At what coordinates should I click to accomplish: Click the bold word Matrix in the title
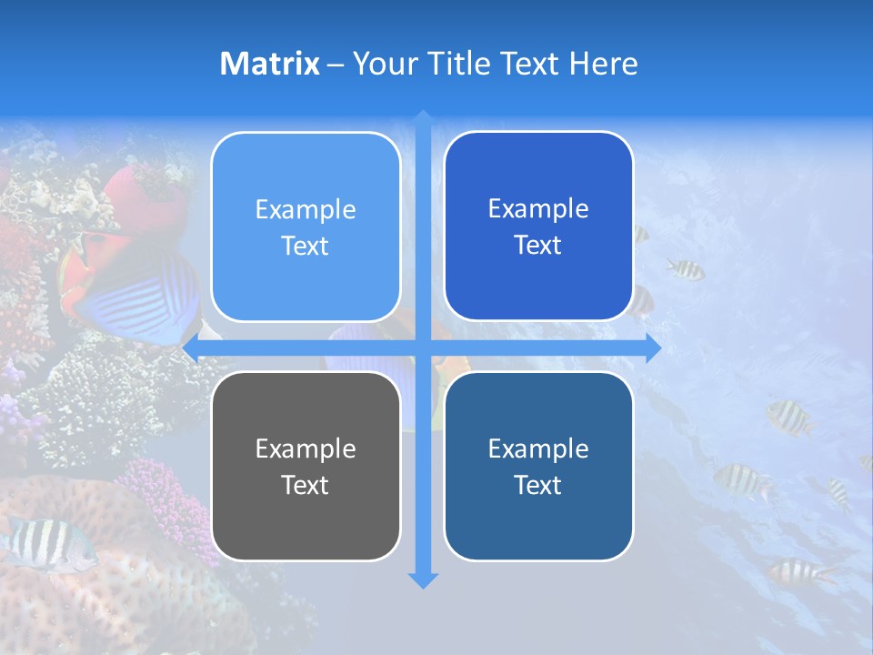(x=269, y=64)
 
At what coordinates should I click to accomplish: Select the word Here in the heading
(x=603, y=64)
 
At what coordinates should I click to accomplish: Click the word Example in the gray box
(x=306, y=448)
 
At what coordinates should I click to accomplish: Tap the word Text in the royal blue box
(x=538, y=245)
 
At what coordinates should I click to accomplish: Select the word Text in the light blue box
(x=306, y=246)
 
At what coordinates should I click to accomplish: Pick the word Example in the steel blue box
(x=538, y=448)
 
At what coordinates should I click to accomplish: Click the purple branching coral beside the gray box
(x=168, y=500)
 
